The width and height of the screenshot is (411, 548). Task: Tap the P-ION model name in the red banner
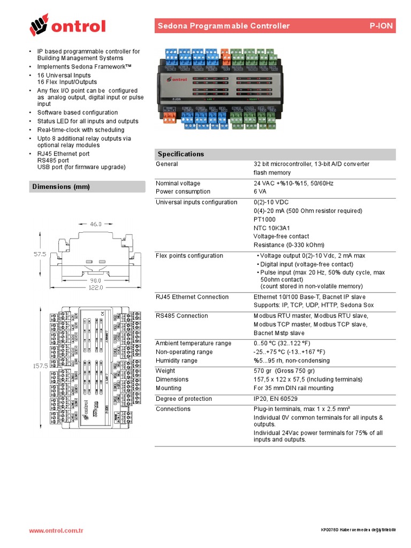point(382,26)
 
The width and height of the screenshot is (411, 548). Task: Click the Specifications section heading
point(181,154)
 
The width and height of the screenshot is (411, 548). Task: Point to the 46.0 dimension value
point(95,224)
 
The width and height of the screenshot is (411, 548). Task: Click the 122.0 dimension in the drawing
point(95,287)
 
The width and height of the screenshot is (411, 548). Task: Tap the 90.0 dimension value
point(96,279)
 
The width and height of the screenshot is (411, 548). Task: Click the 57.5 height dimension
point(40,254)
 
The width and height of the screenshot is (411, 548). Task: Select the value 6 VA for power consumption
point(261,192)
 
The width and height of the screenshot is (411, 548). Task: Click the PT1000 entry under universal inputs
point(264,219)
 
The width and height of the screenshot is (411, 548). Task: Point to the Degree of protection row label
point(181,399)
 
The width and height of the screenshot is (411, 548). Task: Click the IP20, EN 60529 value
point(276,399)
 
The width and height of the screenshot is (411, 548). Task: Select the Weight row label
point(165,371)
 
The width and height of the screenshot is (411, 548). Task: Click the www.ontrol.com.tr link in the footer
point(56,531)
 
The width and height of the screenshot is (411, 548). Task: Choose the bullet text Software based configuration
point(78,112)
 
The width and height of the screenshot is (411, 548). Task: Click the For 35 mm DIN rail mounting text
point(293,388)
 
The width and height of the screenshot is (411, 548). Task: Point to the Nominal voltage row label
point(178,184)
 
